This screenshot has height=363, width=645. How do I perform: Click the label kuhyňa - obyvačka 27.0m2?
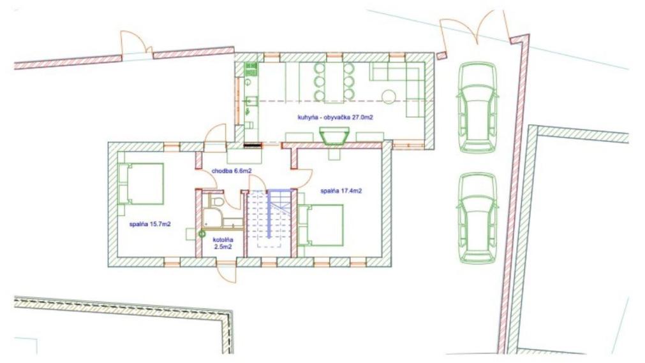click(x=335, y=117)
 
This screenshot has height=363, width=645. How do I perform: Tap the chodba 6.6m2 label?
click(x=232, y=171)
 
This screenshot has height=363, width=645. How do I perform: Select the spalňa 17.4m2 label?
click(x=341, y=191)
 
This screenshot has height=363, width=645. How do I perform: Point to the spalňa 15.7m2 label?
click(x=150, y=224)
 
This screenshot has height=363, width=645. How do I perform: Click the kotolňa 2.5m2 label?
click(x=223, y=243)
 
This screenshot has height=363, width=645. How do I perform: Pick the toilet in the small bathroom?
click(x=216, y=201)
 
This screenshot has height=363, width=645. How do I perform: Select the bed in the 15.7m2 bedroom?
click(x=141, y=183)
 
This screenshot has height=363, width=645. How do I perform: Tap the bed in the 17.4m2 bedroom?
click(x=321, y=225)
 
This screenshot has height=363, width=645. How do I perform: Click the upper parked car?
click(x=477, y=108)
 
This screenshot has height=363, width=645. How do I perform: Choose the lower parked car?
click(x=477, y=218)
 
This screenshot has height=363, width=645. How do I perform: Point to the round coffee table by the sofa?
click(x=389, y=97)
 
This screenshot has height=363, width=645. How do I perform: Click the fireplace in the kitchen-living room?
click(x=334, y=135)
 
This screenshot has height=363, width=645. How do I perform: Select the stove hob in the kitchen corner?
click(x=251, y=69)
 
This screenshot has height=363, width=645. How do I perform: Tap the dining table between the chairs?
click(x=334, y=82)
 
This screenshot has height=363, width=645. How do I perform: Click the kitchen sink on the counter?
click(x=251, y=101)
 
